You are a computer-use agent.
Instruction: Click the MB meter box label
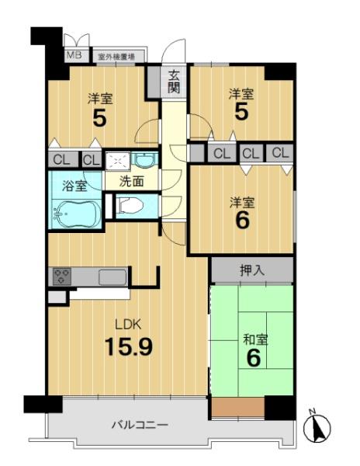pos(74,54)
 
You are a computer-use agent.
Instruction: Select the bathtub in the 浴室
pos(77,214)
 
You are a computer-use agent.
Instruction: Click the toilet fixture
pos(130,205)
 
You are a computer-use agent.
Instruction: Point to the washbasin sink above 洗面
pos(144,160)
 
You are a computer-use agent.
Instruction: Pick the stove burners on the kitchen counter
pos(62,276)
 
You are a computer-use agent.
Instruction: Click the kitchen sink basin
pos(112,277)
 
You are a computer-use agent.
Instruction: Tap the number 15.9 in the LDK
pos(129,347)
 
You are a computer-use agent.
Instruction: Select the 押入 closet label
pos(251,270)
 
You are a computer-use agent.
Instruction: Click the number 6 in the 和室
pos(254,358)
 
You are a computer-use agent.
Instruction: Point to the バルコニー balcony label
pos(140,425)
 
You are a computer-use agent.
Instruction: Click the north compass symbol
pos(317,426)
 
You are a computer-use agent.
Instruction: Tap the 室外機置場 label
pos(116,57)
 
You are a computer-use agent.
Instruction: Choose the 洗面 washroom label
pos(131,181)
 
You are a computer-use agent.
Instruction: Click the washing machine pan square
pos(118,161)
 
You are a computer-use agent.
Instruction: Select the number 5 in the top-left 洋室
pos(100,118)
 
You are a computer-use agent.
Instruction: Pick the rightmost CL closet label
pos(280,153)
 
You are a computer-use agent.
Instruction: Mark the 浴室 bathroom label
pos(74,186)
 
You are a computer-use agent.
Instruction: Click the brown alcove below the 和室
pos(238,407)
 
